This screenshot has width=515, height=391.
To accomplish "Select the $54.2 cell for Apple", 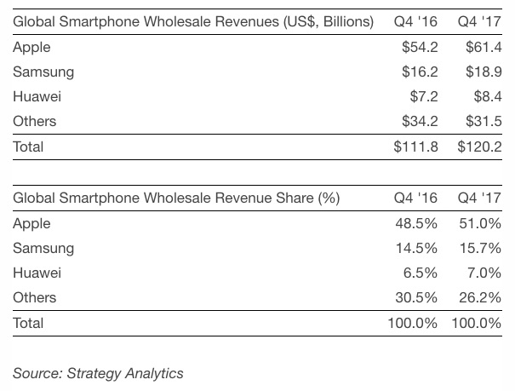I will point(420,48).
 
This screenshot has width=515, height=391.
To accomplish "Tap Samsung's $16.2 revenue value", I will point(420,72).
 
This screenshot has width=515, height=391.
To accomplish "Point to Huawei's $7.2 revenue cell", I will point(423,97).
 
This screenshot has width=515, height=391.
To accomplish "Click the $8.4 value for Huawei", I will point(487,97).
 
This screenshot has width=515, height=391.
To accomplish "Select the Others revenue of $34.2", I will point(420,122).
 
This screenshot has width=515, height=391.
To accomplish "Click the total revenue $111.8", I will point(415,147).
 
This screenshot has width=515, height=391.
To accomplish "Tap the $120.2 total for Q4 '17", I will point(479,147).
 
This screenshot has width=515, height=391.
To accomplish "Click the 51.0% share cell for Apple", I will point(480,223).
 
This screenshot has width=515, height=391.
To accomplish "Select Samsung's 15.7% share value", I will point(480,248).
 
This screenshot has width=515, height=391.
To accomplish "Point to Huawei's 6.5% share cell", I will point(420,273).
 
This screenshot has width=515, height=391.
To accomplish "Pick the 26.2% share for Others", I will point(480,297).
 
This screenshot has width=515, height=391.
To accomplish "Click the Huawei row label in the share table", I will point(36,273).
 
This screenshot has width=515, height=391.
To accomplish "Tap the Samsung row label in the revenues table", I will point(43,72).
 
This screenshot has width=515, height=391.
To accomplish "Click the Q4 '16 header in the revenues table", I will point(415,21).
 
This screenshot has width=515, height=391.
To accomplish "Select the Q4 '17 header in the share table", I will point(479,198).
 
